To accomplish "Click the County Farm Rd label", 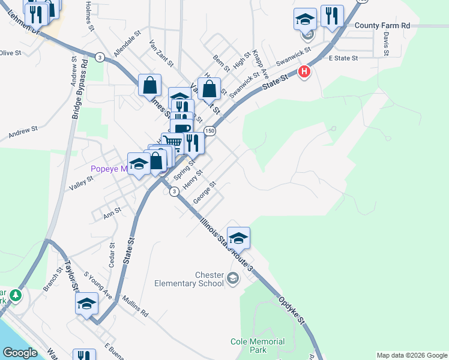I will tap(382, 26).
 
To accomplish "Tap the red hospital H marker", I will tap(304, 71).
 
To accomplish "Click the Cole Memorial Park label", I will tap(258, 346).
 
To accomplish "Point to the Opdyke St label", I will tap(292, 308).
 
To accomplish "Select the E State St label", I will tap(343, 58).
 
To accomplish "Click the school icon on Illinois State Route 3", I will tap(238, 238).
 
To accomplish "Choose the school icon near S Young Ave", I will tap(86, 303).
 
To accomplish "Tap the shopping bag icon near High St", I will tap(208, 88).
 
